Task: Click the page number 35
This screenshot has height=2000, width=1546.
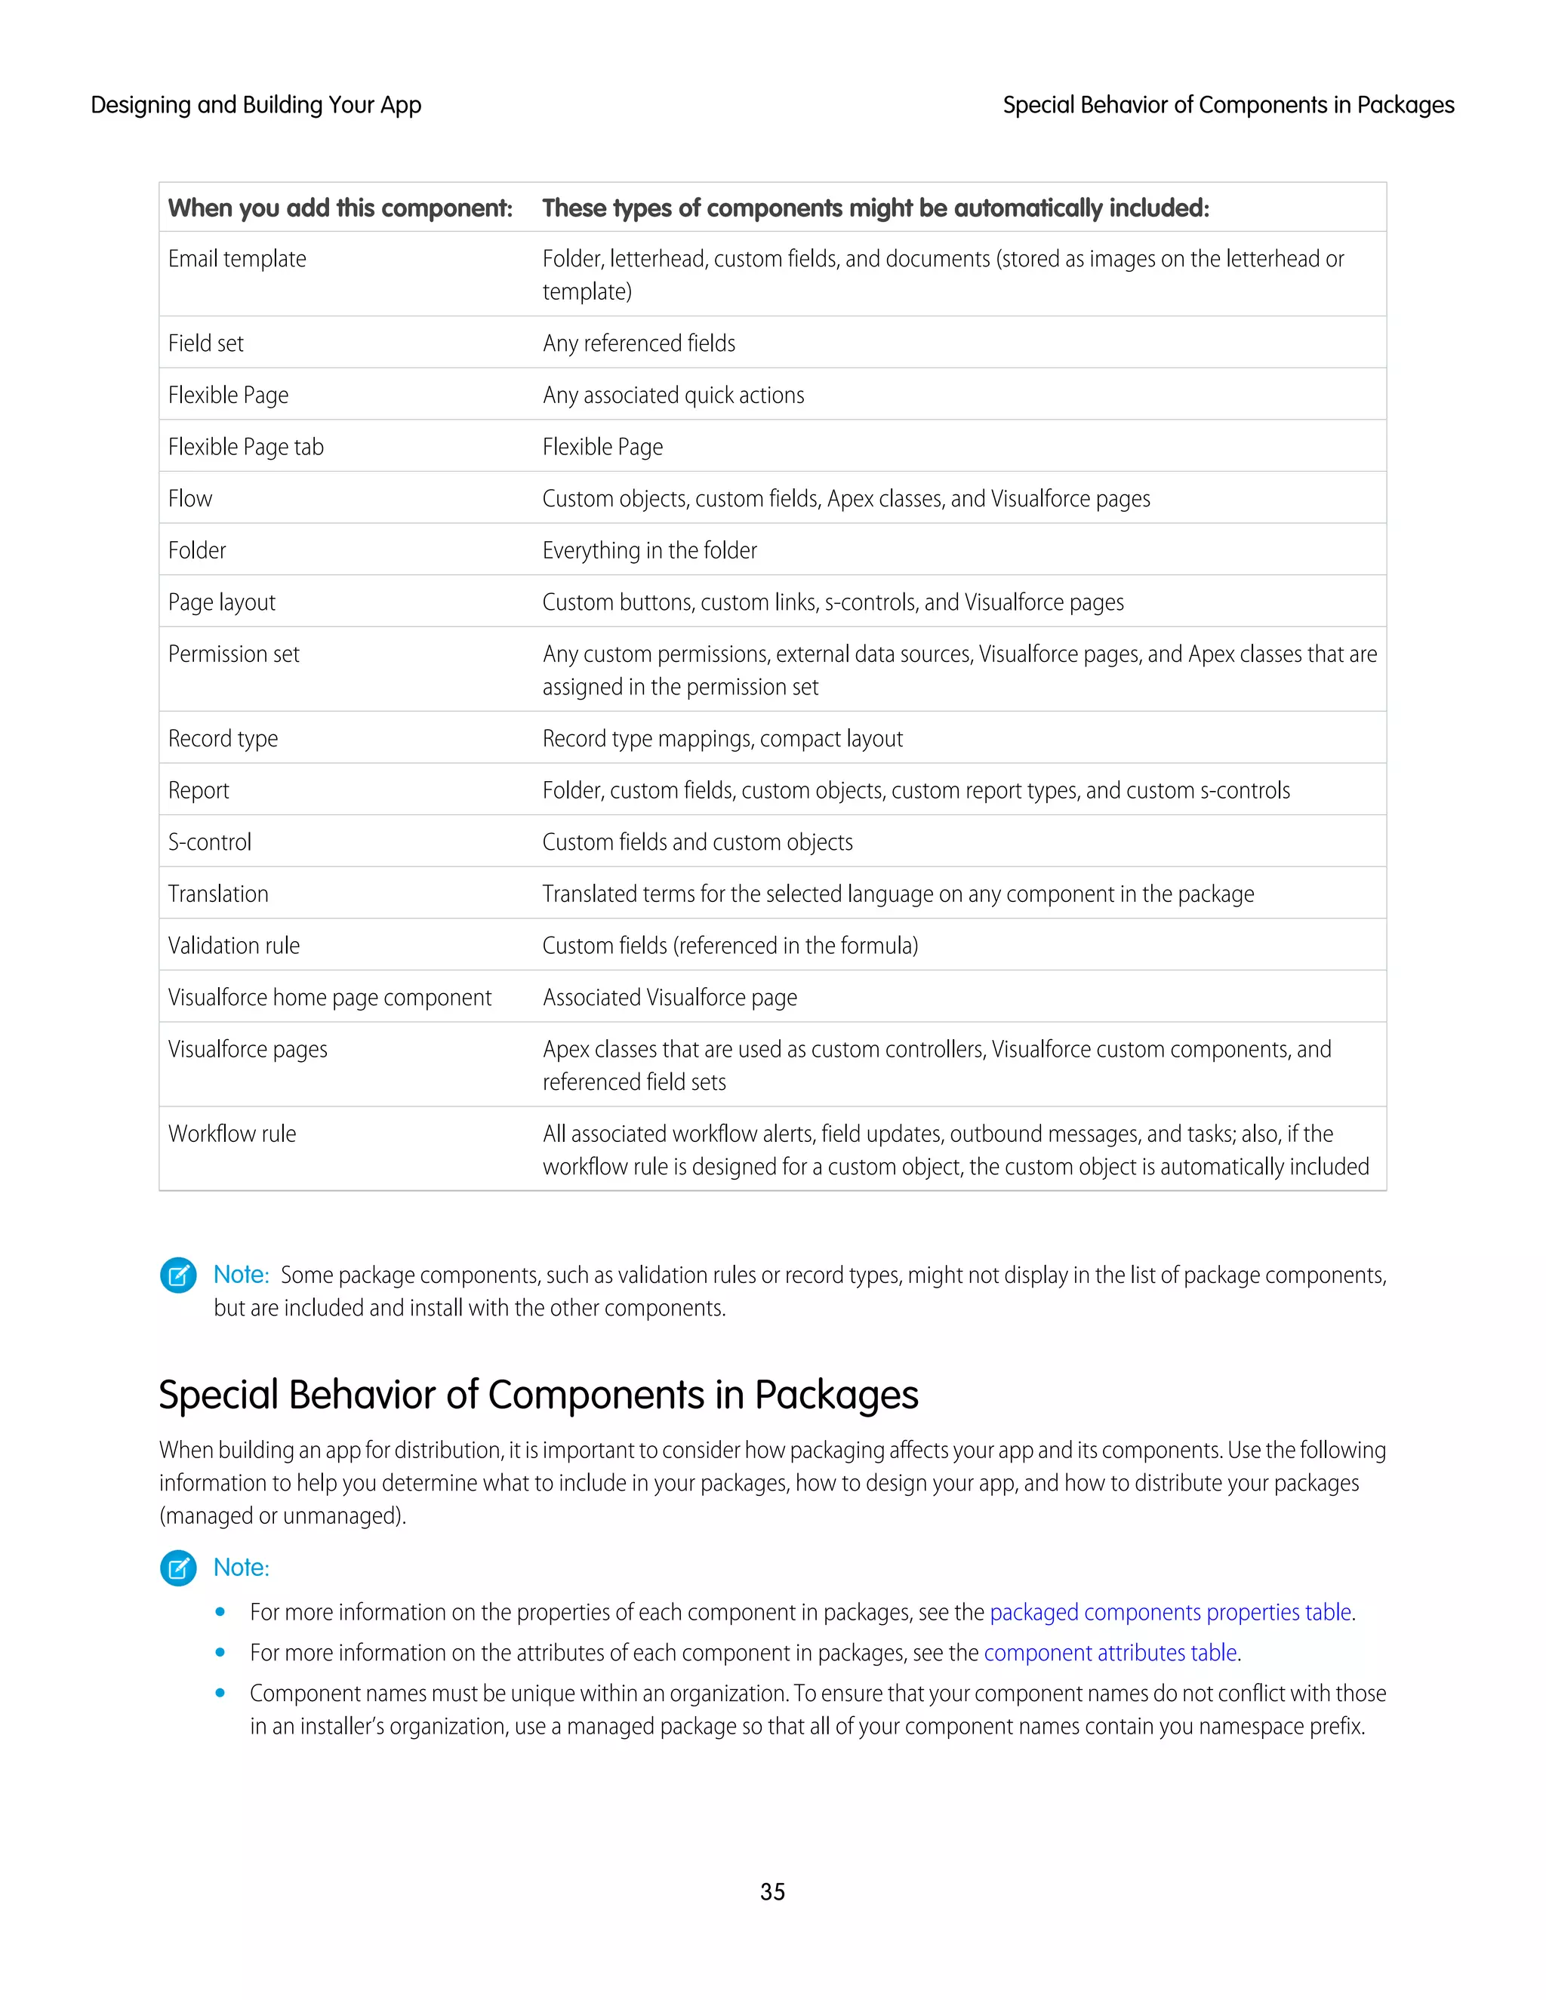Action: click(772, 1891)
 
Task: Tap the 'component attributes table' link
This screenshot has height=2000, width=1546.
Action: click(1110, 1652)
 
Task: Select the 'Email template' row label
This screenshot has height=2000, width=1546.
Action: click(237, 259)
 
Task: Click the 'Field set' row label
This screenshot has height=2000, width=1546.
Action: click(206, 343)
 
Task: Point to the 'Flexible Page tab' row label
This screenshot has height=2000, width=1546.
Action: click(245, 447)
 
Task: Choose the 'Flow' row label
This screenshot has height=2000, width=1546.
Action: click(190, 499)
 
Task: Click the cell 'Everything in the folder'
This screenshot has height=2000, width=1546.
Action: click(649, 550)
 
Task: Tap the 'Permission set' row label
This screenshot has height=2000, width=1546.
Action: click(233, 654)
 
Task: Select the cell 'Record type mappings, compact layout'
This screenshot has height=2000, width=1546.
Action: click(722, 739)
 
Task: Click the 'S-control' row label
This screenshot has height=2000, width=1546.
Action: click(210, 842)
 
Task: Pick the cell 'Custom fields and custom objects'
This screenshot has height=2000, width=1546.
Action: click(697, 842)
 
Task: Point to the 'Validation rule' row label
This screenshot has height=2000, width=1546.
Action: click(233, 946)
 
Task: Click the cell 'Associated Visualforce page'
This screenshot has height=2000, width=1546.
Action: click(670, 997)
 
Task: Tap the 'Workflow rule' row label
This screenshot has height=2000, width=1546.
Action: click(232, 1134)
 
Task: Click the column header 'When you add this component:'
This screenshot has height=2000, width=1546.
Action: click(340, 208)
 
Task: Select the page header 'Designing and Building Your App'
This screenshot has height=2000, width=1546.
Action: click(256, 106)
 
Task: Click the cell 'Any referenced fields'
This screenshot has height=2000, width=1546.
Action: click(639, 343)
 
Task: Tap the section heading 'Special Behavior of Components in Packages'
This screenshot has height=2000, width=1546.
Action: click(537, 1395)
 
